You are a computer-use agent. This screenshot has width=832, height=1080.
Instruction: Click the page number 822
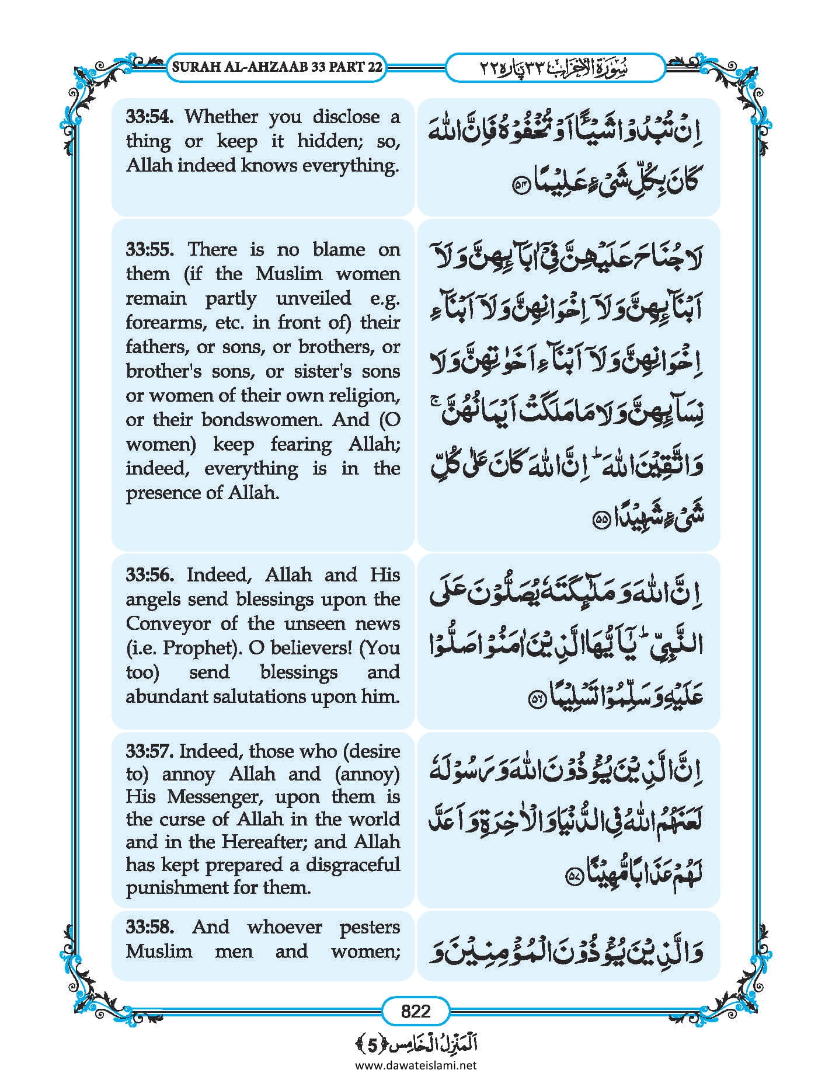pos(416,1011)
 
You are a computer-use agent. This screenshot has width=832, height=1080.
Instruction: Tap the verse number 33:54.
pos(149,117)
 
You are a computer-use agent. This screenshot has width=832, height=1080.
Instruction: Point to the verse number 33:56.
pos(149,575)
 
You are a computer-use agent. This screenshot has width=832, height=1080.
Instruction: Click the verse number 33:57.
pos(149,751)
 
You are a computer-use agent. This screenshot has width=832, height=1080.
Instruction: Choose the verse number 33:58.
pos(149,927)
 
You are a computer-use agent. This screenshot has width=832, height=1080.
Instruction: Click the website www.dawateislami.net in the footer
pos(416,1065)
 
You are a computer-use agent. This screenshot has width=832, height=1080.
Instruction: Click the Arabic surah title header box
pos(555,68)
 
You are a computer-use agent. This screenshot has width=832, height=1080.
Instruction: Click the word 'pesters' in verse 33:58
pos(369,927)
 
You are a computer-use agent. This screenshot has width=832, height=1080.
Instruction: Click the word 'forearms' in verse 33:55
pos(156,323)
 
